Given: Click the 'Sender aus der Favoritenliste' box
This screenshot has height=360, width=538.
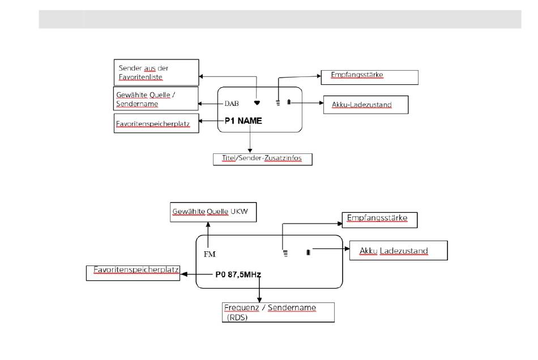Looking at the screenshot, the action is click(x=156, y=72).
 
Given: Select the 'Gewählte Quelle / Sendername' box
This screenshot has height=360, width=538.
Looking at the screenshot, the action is click(x=156, y=98).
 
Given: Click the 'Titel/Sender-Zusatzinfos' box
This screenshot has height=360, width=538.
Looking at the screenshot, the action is click(x=263, y=159).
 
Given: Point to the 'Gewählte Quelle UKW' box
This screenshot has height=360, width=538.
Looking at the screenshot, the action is click(x=213, y=212).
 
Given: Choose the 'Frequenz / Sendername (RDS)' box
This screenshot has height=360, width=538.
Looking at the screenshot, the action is click(x=278, y=312).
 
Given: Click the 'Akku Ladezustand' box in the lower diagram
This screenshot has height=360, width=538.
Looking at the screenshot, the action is click(x=399, y=251).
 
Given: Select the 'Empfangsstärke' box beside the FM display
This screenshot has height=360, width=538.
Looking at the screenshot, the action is click(x=380, y=220).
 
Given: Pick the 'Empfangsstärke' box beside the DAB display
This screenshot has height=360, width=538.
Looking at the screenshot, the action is click(x=370, y=78).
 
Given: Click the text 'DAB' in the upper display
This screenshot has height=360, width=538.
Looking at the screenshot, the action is click(x=232, y=104).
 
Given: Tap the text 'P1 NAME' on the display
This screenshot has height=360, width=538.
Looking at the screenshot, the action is click(x=244, y=121).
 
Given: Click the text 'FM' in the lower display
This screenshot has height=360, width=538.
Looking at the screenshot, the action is click(x=210, y=254).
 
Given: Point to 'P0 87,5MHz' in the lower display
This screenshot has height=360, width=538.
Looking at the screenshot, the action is click(x=238, y=275).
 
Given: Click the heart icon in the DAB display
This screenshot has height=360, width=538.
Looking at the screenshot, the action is click(x=257, y=102).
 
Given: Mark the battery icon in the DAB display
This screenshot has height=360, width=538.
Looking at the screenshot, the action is click(x=289, y=102).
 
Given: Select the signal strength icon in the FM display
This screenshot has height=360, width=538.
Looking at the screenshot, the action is click(x=285, y=254).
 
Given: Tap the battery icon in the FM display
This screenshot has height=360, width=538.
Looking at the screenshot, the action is click(x=308, y=252).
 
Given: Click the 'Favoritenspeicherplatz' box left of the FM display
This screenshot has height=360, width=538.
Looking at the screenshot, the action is click(x=133, y=273).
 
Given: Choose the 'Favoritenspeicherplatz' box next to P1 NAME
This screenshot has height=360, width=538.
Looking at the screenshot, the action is click(x=156, y=123).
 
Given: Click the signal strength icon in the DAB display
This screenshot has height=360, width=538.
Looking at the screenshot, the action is click(x=278, y=102).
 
